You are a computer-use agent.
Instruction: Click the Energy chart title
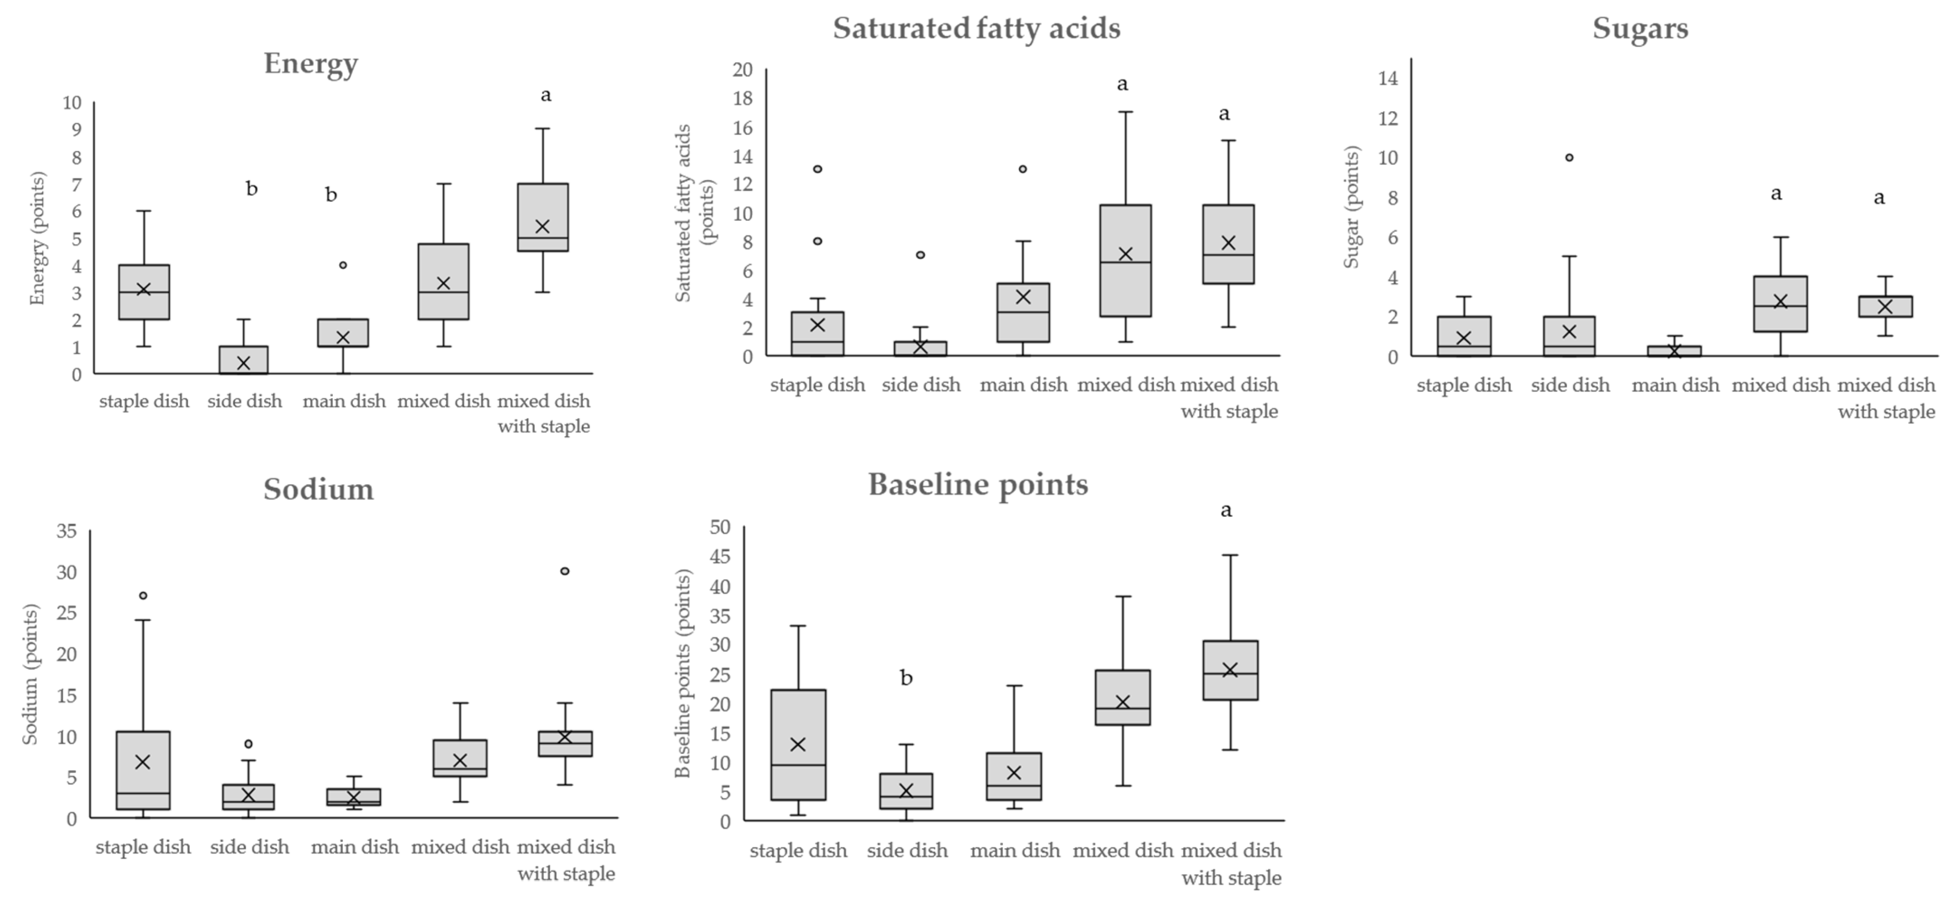pyautogui.click(x=311, y=64)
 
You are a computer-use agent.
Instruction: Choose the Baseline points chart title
pyautogui.click(x=978, y=484)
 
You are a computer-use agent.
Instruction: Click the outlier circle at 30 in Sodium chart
pyautogui.click(x=565, y=571)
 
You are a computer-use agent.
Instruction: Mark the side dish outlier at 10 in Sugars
pyautogui.click(x=1570, y=157)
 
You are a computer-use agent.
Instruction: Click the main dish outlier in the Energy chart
pyautogui.click(x=343, y=265)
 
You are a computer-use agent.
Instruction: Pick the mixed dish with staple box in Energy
pyautogui.click(x=543, y=217)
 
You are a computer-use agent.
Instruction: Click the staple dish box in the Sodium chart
pyautogui.click(x=144, y=770)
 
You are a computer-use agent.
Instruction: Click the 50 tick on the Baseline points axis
pyautogui.click(x=720, y=527)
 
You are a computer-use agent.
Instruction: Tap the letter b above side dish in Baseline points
pyautogui.click(x=906, y=678)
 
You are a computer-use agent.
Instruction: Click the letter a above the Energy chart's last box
pyautogui.click(x=546, y=95)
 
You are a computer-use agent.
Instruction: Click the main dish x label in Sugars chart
pyautogui.click(x=1675, y=385)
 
